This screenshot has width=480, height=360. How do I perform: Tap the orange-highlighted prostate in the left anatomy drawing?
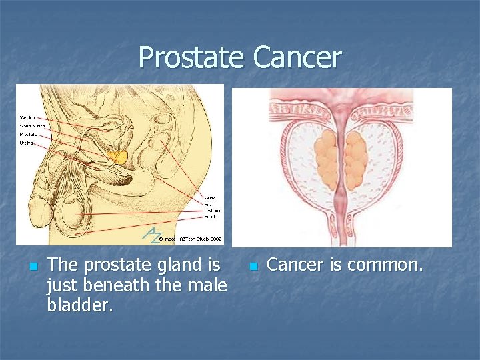coord(119,157)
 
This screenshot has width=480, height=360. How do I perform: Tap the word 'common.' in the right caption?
coord(385,265)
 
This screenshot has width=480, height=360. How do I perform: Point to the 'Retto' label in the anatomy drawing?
coord(210,199)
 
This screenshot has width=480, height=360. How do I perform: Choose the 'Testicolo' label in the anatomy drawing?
coord(213,211)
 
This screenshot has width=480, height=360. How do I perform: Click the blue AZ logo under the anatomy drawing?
coord(153,234)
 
